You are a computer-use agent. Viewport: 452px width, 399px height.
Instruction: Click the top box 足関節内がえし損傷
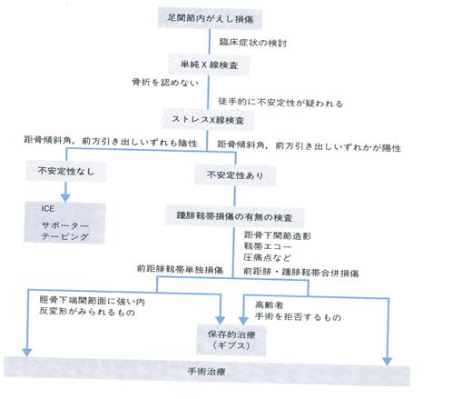point(210,19)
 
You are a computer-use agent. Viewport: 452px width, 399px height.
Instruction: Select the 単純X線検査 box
point(209,65)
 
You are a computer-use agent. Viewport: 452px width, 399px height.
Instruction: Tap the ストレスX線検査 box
point(208,120)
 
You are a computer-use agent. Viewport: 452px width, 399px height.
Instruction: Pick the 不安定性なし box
point(66,171)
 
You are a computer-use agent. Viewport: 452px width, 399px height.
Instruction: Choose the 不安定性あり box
point(235,175)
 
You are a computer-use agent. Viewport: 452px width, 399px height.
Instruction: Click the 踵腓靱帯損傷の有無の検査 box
point(234,216)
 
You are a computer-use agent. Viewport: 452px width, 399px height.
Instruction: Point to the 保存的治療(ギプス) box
point(231,340)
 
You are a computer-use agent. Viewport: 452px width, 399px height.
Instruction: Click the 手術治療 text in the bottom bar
point(207,371)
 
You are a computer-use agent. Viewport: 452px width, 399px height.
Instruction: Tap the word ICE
point(48,208)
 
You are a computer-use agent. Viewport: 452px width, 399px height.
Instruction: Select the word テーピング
point(64,236)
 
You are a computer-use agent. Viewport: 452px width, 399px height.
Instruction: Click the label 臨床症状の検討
point(253,43)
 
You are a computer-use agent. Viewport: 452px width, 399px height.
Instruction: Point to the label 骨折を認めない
point(165,82)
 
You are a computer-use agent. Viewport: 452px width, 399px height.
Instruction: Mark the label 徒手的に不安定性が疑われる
point(280,103)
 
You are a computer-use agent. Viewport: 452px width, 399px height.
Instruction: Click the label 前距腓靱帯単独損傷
point(180,269)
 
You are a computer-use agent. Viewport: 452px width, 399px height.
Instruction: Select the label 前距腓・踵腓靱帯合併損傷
point(301,272)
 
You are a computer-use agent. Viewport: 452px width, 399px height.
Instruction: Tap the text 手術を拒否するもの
point(298,316)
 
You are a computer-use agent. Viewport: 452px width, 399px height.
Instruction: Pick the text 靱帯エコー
point(268,246)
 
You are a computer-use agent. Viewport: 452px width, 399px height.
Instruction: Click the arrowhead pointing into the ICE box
point(65,198)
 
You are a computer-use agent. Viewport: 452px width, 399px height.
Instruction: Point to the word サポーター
point(64,225)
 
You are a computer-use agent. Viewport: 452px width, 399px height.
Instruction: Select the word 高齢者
point(270,304)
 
